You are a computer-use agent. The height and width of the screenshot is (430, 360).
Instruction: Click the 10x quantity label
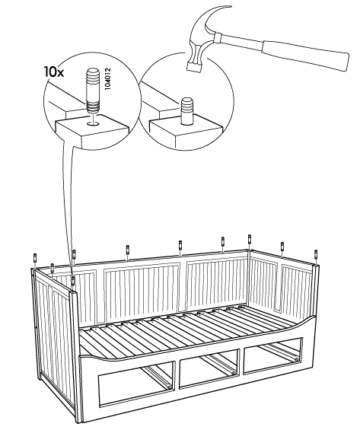[x=54, y=72]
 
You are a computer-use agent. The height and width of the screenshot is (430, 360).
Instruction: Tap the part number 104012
[x=108, y=78]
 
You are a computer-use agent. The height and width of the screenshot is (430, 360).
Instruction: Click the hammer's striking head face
[x=193, y=67]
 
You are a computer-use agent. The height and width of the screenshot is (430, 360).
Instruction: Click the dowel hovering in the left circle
[x=93, y=91]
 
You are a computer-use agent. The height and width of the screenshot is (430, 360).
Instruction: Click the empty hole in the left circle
[x=94, y=124]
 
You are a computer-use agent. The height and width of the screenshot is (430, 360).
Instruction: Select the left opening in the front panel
[x=137, y=383]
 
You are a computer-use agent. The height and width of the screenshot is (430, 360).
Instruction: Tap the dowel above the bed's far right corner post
[x=316, y=255]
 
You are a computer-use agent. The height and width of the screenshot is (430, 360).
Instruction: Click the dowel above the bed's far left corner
[x=35, y=258]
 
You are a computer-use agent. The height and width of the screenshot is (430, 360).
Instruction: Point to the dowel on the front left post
[x=73, y=281]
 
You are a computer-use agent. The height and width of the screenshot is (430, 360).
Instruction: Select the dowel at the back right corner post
[x=249, y=239]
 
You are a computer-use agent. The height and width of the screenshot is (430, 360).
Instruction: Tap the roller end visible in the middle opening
[x=233, y=373]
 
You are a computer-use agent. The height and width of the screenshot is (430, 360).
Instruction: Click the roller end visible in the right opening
[x=296, y=359]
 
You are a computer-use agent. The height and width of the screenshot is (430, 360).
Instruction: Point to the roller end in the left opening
[x=170, y=387]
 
